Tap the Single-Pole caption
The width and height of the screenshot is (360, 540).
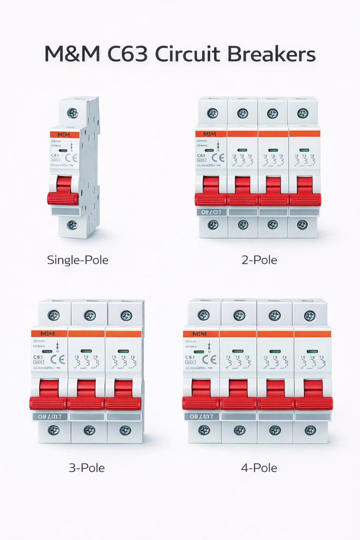[77, 260]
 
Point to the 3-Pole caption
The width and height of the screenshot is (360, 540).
[86, 468]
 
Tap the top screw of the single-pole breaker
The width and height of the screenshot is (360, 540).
[72, 113]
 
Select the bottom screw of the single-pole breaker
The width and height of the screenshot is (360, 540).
[72, 225]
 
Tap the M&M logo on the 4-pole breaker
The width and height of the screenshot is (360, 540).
[200, 334]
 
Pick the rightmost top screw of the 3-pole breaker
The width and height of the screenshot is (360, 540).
[126, 315]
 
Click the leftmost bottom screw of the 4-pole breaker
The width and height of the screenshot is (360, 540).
[204, 430]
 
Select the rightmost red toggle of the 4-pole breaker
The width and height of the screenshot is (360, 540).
[313, 397]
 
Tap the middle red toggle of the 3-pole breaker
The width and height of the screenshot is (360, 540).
[86, 397]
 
